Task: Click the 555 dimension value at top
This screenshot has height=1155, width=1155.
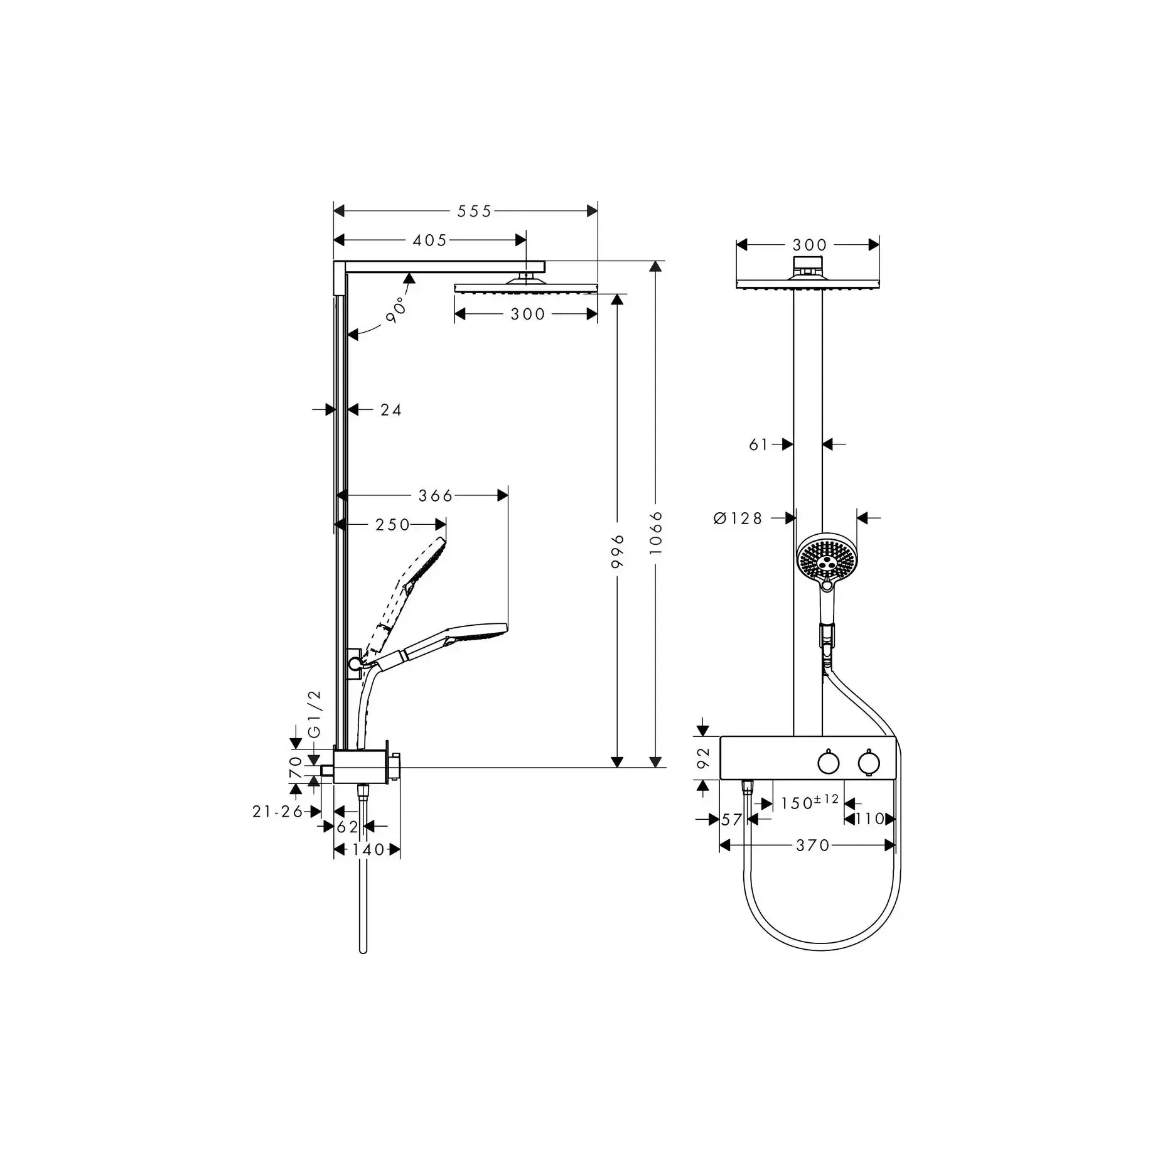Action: click(474, 212)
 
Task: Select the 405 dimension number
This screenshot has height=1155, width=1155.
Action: click(430, 240)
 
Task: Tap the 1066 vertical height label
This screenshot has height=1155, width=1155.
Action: click(656, 532)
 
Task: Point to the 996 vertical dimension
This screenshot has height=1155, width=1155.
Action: click(618, 551)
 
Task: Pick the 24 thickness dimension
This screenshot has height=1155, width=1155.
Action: click(391, 410)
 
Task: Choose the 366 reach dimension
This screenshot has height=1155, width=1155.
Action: click(436, 496)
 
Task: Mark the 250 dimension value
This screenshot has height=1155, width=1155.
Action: click(392, 525)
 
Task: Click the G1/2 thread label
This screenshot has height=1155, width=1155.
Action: click(314, 714)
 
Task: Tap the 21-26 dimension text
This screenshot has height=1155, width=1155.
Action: click(278, 812)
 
